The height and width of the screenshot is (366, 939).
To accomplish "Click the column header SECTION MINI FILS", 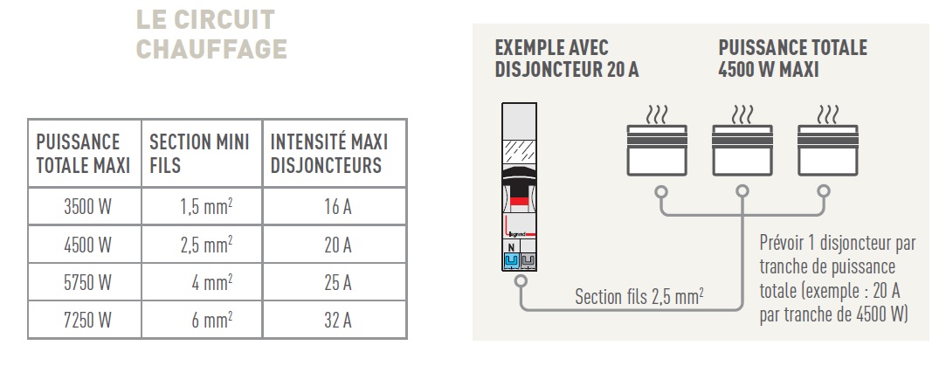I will (199, 153).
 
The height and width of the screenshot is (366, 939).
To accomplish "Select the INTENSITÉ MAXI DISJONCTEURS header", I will (329, 153).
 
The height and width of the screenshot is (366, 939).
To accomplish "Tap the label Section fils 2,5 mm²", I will (640, 297).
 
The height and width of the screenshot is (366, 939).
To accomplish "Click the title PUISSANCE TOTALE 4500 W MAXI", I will (792, 59).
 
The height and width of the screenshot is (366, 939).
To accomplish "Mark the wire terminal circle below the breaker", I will (521, 281).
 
